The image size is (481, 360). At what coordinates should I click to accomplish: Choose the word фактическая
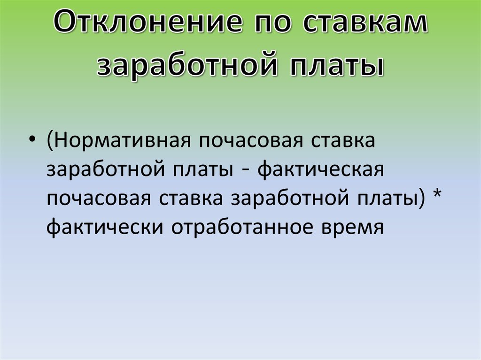pos(322,170)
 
